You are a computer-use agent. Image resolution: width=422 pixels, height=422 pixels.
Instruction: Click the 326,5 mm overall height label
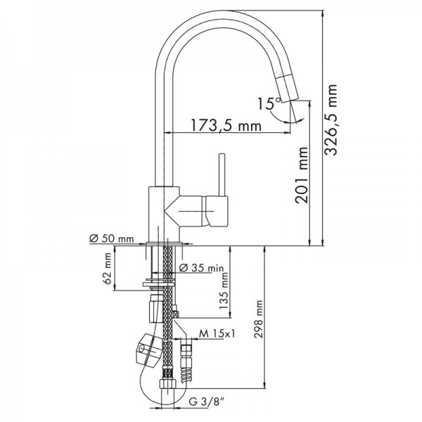(x=331, y=120)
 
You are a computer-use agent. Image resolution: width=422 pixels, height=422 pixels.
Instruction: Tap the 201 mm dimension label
(x=302, y=175)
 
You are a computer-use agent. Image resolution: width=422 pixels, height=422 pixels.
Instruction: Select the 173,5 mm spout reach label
(x=226, y=125)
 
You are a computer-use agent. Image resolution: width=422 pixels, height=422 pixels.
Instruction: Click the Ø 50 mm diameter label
(x=111, y=238)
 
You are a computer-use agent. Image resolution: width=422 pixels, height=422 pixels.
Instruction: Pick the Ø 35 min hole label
(x=201, y=268)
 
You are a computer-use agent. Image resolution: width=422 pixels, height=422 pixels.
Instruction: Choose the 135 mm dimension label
(x=224, y=291)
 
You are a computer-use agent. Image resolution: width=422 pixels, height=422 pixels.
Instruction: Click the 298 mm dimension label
(x=259, y=319)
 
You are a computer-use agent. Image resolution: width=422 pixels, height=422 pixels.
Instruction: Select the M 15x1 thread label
(x=217, y=333)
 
